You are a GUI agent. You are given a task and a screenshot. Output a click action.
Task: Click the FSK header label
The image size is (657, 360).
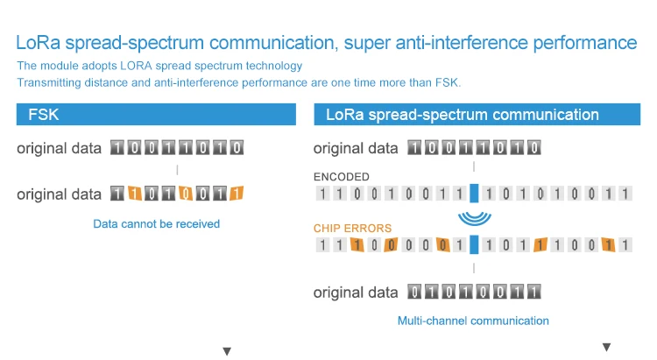point(44,115)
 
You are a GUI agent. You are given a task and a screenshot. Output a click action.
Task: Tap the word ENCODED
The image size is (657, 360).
point(342,177)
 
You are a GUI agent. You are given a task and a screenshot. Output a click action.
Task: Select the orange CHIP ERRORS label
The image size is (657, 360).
point(352,228)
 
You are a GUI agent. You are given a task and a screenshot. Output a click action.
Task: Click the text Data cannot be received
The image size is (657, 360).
point(156,223)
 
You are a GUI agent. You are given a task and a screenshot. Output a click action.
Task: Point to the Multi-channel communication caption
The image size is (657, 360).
point(473,321)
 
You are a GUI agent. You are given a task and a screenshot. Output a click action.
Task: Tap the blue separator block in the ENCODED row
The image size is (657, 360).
point(474,194)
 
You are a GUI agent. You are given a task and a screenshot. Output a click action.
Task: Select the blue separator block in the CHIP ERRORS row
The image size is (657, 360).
point(474,244)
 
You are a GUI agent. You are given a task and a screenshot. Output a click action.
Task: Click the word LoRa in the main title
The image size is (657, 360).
point(39,42)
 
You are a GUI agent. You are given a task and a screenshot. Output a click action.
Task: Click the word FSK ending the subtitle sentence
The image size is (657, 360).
point(447,82)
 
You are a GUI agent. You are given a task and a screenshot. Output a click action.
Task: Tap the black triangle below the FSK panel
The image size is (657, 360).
point(227,351)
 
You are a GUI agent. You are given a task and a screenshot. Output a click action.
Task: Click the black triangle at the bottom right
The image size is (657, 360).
point(606,347)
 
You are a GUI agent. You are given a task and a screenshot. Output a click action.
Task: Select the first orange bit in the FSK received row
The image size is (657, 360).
point(134,194)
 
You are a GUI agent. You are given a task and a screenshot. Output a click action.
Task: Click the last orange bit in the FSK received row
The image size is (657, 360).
point(237,194)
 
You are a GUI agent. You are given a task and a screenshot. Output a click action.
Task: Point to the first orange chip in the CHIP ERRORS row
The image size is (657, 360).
point(357,244)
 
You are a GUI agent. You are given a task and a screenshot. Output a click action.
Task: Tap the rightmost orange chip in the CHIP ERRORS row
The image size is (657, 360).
point(608,244)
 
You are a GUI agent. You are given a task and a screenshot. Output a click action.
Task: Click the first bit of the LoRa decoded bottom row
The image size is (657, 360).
point(414,292)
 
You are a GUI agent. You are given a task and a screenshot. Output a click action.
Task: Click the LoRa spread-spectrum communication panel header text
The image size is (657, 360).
point(463,115)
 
